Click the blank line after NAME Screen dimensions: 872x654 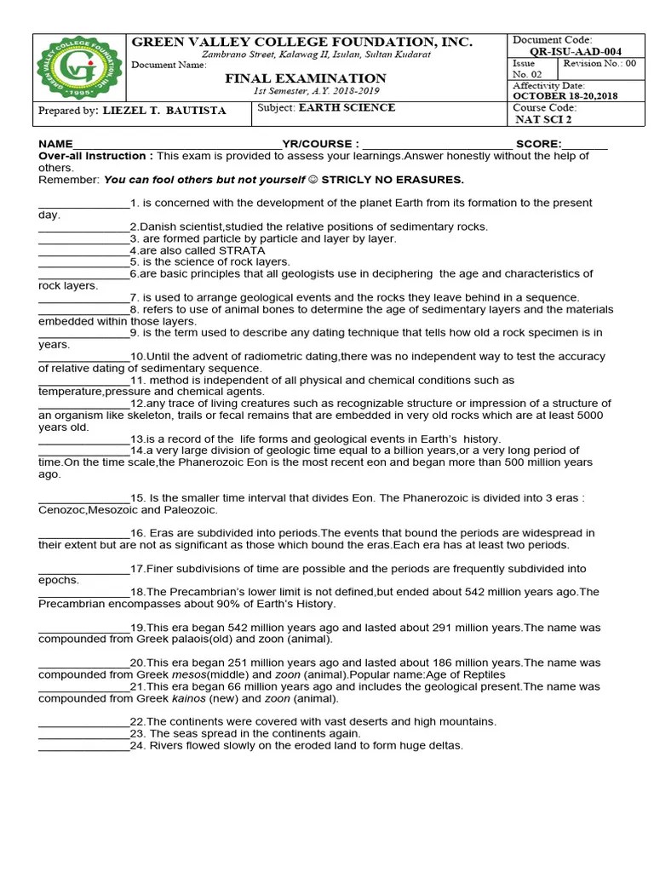click(x=178, y=145)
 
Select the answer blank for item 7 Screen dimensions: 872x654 click(x=83, y=298)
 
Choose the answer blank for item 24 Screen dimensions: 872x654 click(x=83, y=746)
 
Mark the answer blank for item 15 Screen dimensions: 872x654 click(x=83, y=497)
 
